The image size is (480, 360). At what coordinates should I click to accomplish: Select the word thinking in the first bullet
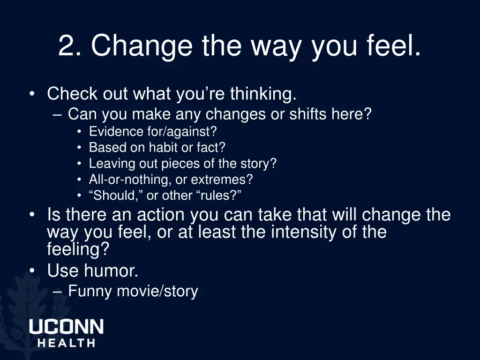tap(263, 94)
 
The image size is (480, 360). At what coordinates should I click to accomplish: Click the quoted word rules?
tap(217, 195)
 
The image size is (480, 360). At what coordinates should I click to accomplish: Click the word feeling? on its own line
tap(78, 249)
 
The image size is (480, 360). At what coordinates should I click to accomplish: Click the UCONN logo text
tap(66, 326)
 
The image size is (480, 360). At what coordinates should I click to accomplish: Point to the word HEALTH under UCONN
tap(66, 343)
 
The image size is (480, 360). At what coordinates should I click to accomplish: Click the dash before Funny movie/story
tap(58, 292)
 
